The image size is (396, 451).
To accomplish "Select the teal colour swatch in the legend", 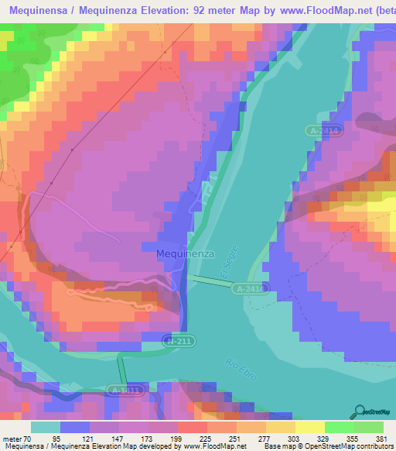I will [45, 426].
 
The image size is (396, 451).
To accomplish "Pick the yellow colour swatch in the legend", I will [310, 426].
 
